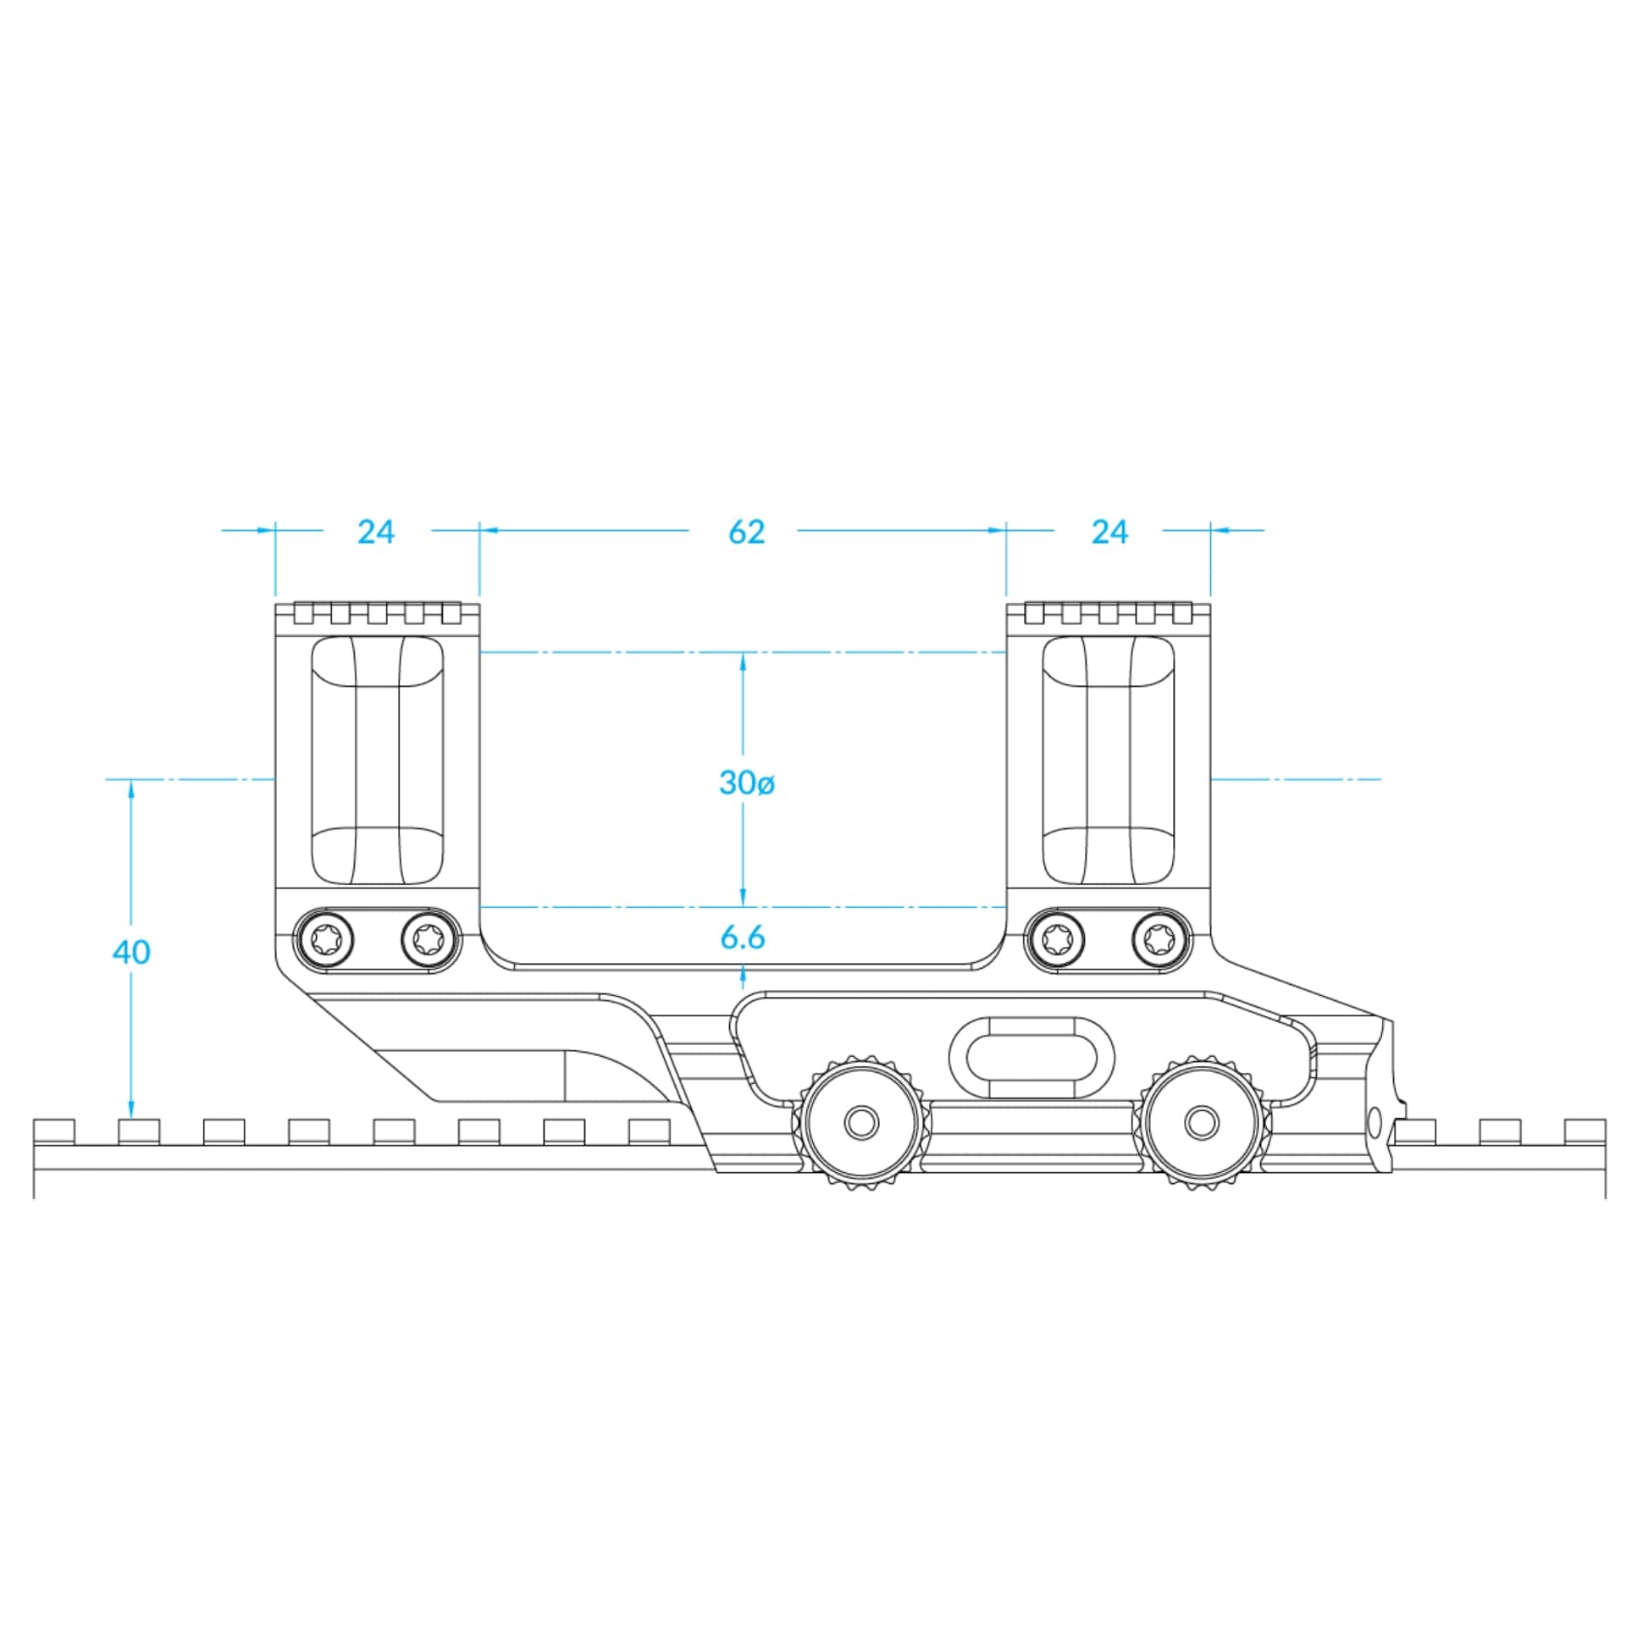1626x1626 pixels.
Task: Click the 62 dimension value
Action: [746, 532]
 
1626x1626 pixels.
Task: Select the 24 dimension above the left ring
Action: [376, 532]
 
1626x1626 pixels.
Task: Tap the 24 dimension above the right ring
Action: [1109, 532]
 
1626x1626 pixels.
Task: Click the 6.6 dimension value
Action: [743, 937]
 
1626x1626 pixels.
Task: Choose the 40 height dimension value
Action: [131, 953]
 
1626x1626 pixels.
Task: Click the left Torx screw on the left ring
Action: [325, 939]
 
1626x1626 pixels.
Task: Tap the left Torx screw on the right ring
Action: [1054, 939]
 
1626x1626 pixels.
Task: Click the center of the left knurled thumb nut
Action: [862, 1124]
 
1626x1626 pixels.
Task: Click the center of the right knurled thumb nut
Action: [1200, 1124]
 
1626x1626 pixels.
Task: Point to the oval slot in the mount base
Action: [1031, 1058]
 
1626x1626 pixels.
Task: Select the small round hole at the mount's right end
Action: [1374, 1123]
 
